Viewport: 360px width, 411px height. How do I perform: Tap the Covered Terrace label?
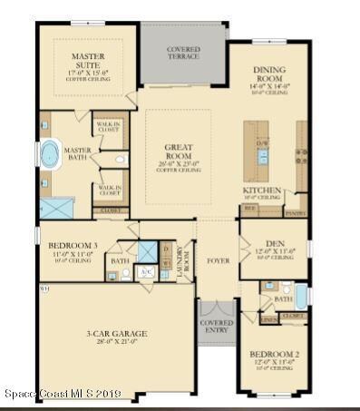click(183, 54)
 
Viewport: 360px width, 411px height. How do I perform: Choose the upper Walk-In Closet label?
click(108, 126)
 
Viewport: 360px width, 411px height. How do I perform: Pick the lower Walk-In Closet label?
click(108, 191)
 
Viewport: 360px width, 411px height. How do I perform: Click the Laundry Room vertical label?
click(180, 259)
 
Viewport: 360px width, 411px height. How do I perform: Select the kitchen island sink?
click(264, 142)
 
